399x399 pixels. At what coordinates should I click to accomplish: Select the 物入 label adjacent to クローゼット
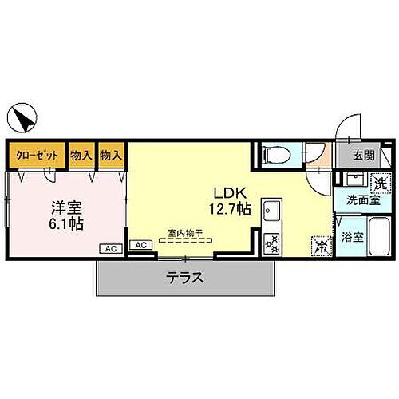[x=81, y=156]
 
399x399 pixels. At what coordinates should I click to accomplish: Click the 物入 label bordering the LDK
[x=111, y=156]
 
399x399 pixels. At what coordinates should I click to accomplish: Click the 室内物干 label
[x=185, y=234]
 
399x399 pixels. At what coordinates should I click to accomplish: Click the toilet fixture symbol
[x=276, y=154]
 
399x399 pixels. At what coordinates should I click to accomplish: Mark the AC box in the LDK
[x=140, y=245]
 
